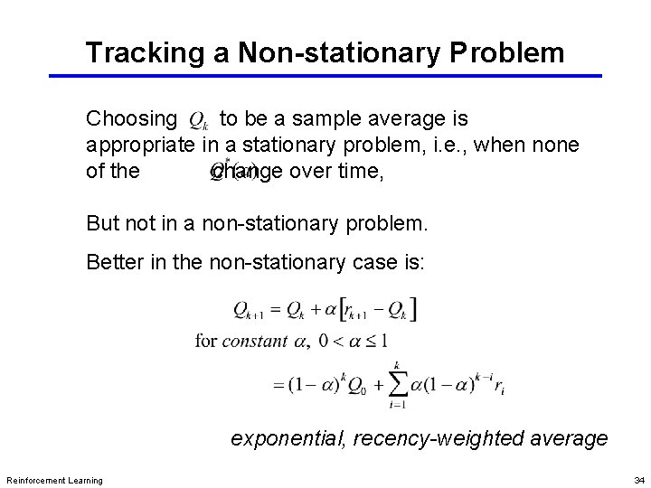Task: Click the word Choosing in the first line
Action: tap(131, 119)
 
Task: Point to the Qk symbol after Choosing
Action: tap(201, 121)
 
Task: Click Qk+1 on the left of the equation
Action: tap(254, 311)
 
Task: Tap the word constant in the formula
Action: tap(255, 341)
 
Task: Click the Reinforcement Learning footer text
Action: tap(54, 478)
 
